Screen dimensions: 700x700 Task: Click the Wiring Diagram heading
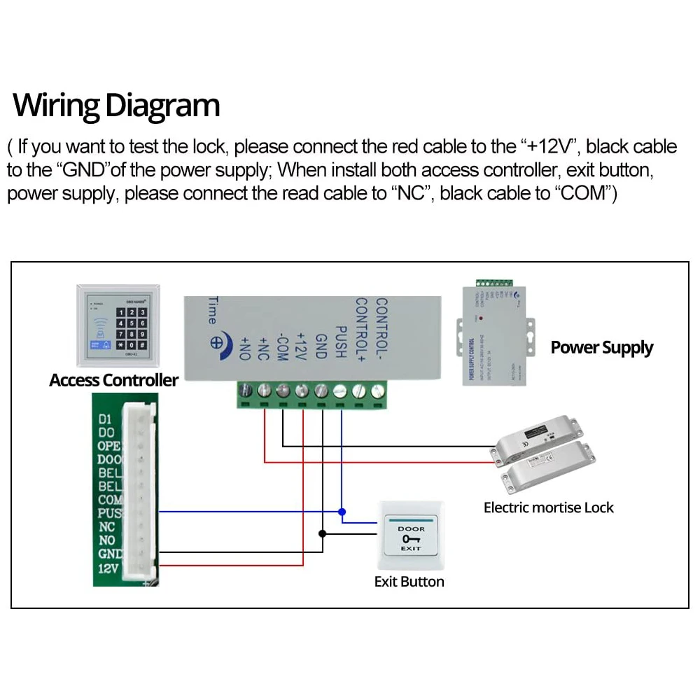tap(116, 105)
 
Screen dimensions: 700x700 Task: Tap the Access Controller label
tap(113, 380)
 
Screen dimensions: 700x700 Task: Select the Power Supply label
tap(601, 348)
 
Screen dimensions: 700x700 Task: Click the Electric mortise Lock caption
tap(548, 507)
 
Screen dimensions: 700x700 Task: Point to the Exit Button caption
tap(409, 582)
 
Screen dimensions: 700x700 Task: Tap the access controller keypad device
tap(117, 325)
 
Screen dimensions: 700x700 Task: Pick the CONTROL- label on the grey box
tap(381, 328)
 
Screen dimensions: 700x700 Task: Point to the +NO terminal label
tap(245, 348)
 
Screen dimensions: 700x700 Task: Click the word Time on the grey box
tap(212, 310)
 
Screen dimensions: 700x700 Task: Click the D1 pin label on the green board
tap(105, 419)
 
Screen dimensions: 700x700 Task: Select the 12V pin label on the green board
tap(108, 568)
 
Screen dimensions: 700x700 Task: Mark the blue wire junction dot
tap(341, 512)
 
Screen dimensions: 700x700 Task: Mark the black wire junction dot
tap(322, 534)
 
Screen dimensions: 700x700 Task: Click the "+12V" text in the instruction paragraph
tap(549, 147)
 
